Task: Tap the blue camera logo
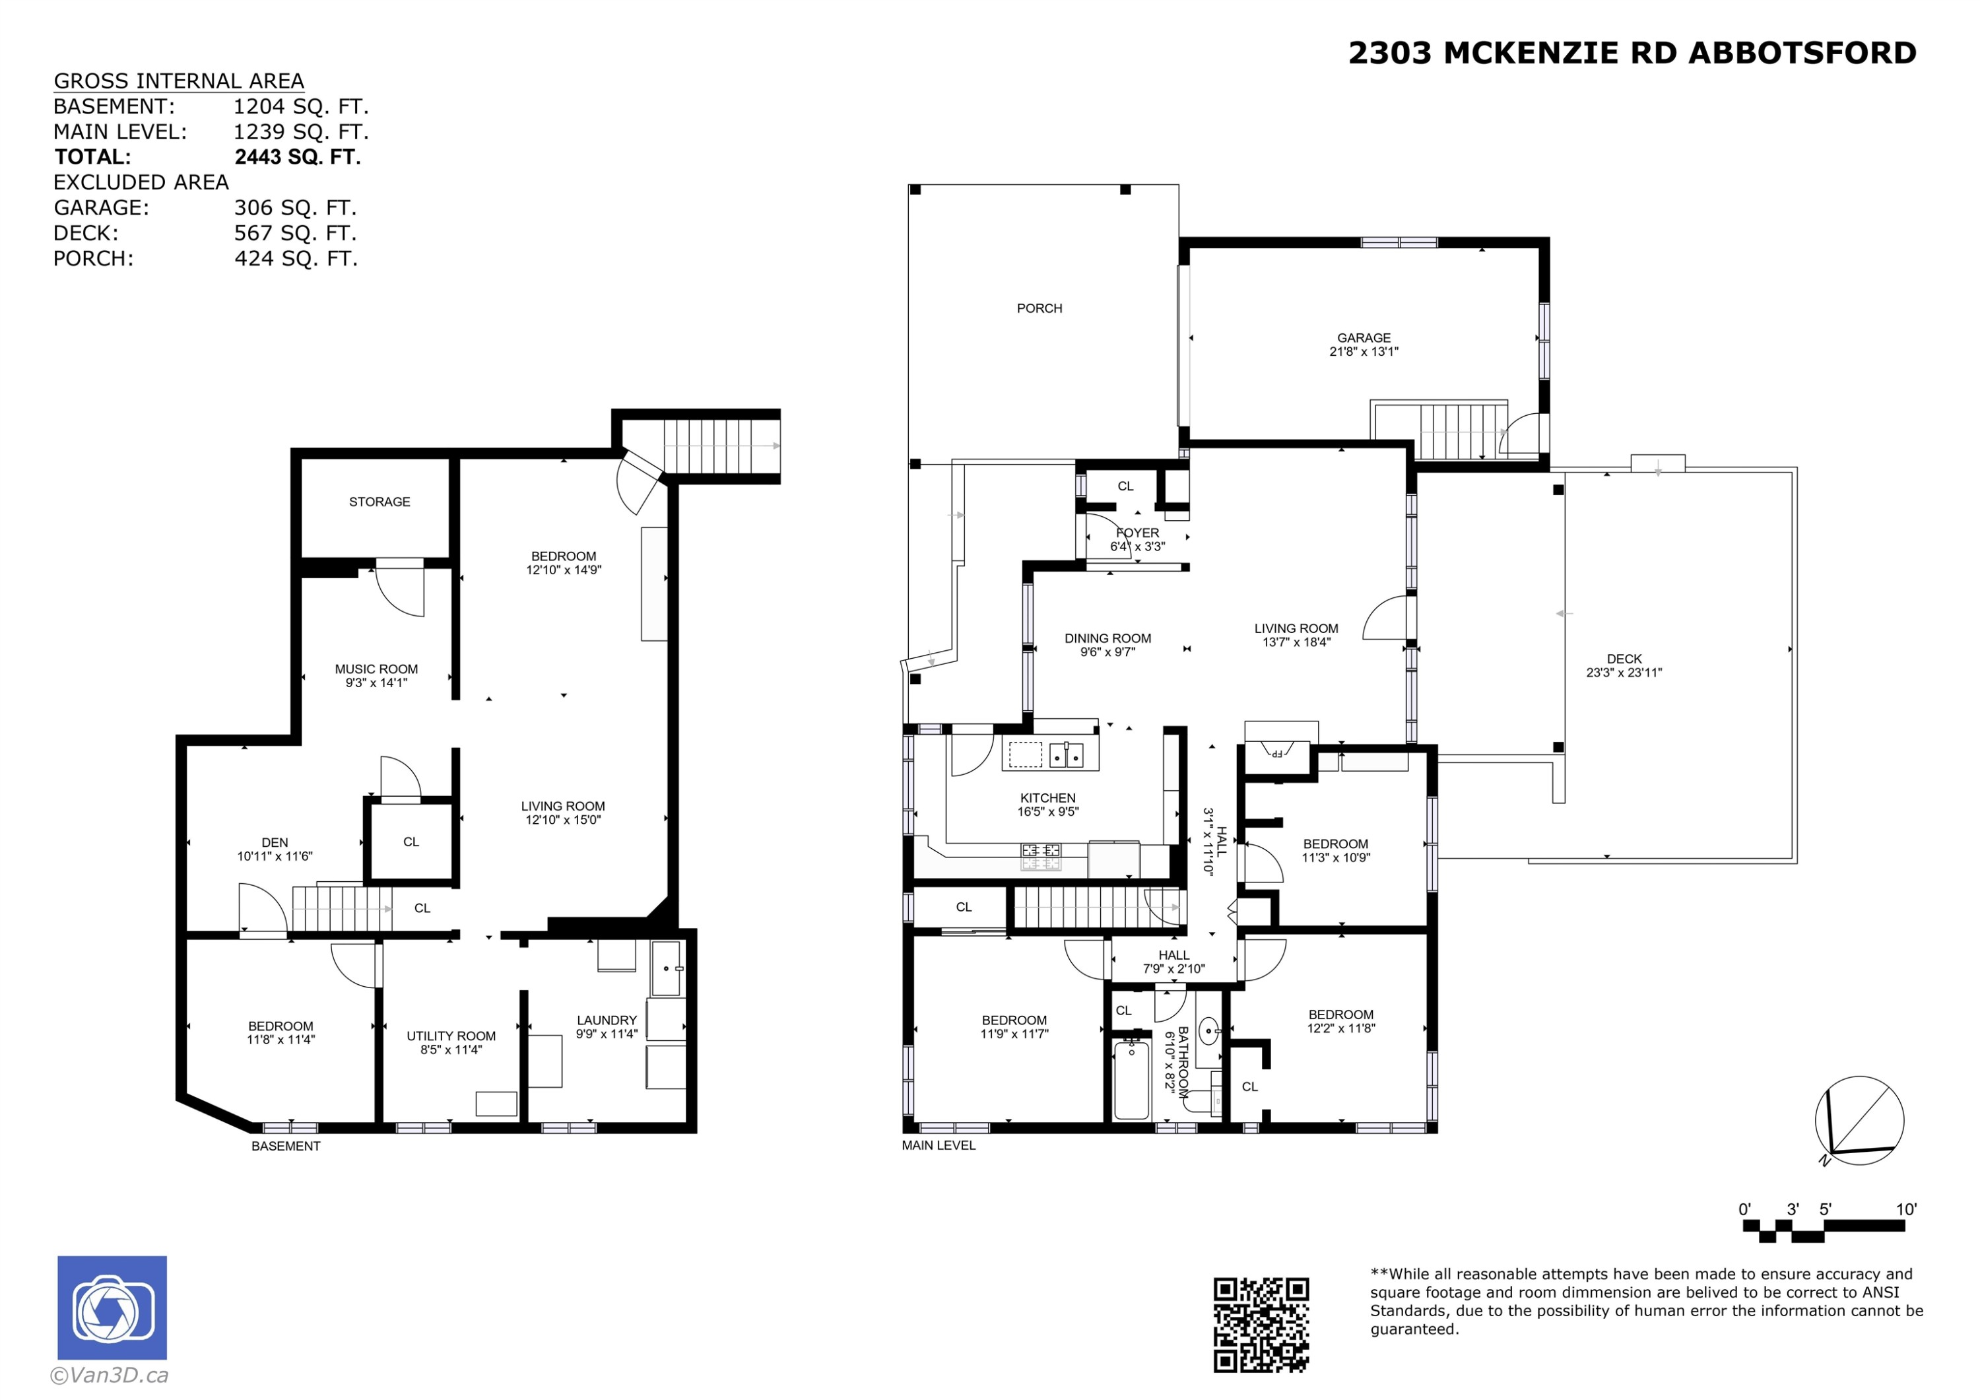112,1308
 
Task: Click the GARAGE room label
1364,338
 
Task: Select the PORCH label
1039,308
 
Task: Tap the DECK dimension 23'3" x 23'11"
1624,673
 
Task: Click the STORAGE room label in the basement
379,502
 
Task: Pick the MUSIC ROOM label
376,669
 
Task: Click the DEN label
275,843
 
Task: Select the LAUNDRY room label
607,1020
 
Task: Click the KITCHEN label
1048,798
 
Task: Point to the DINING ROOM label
1107,638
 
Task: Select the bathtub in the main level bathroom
1131,1080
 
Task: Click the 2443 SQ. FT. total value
298,157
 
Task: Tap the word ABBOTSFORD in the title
1802,53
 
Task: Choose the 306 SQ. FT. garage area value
295,208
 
